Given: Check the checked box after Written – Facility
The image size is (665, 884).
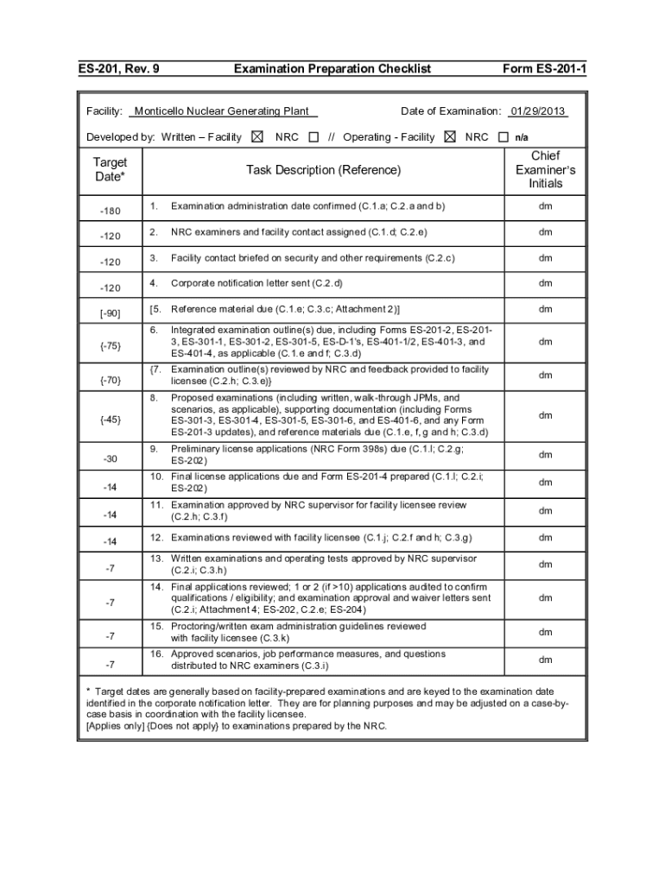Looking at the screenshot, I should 256,136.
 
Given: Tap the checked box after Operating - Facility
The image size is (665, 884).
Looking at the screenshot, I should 449,136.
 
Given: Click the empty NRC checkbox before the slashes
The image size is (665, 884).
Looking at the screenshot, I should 313,136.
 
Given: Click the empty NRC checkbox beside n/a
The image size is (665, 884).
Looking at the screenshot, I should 503,136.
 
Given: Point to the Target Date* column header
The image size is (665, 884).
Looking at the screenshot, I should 110,169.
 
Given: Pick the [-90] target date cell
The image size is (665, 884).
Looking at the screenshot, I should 110,313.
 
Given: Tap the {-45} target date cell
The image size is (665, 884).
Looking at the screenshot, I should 110,420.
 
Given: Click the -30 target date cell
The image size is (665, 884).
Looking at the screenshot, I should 110,458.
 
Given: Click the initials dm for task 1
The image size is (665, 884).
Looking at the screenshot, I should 546,207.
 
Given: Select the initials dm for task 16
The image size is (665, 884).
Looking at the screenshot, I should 546,660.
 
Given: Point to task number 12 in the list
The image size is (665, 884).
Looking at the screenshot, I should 156,538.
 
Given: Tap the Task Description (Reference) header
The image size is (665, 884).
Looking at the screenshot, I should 323,170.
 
